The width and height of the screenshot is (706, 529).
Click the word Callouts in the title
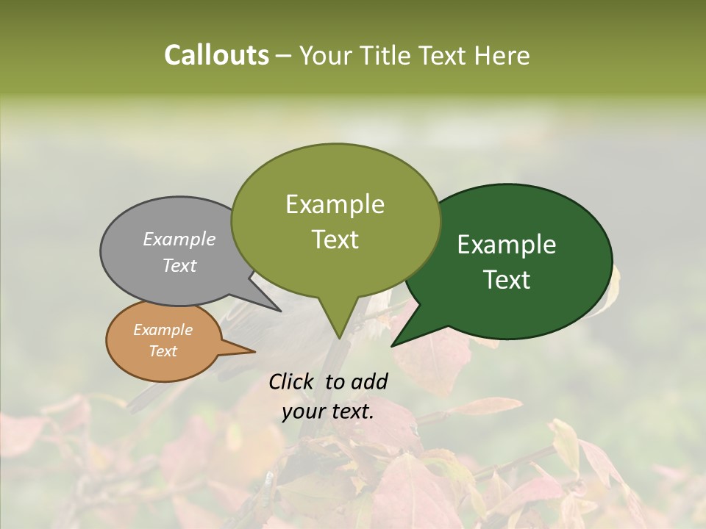(x=216, y=55)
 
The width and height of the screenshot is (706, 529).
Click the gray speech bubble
(x=162, y=276)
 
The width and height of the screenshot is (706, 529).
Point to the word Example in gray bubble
(x=179, y=239)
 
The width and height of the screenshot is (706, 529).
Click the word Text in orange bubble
(x=163, y=351)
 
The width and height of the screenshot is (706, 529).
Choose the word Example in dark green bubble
(x=507, y=244)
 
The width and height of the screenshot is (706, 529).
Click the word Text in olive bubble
(x=335, y=240)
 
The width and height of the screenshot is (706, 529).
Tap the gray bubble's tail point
(x=279, y=310)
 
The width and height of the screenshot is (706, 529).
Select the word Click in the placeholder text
(x=293, y=381)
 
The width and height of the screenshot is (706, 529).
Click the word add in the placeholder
(x=368, y=381)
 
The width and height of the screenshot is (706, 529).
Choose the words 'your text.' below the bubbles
(x=328, y=411)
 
